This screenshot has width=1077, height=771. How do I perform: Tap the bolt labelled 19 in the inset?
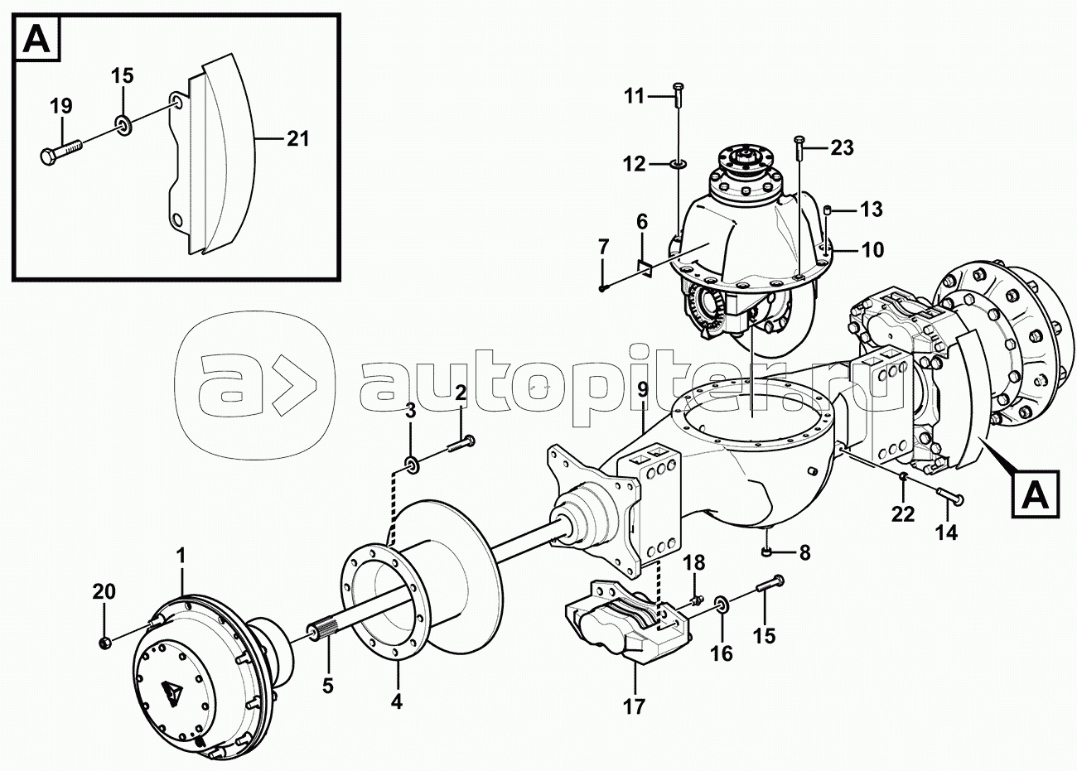pos(63,151)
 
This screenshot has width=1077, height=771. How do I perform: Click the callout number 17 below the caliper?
pos(635,707)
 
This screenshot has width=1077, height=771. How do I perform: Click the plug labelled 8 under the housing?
pos(767,552)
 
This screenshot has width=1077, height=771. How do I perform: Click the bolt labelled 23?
pos(799,150)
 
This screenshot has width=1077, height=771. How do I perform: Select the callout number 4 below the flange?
pos(396,702)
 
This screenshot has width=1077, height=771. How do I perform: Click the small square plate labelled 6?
pos(644,266)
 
